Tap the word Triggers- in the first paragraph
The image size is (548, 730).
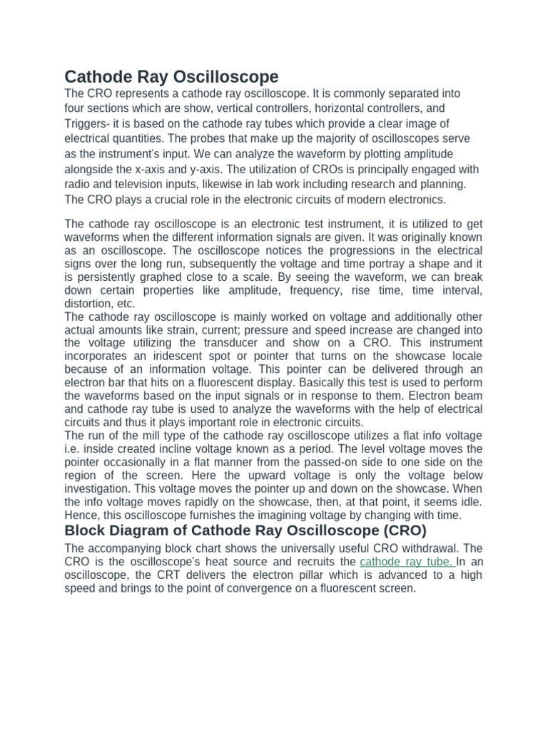pyautogui.click(x=88, y=123)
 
